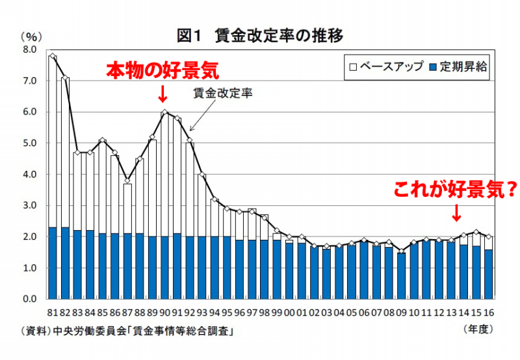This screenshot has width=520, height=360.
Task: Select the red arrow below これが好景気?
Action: [456, 212]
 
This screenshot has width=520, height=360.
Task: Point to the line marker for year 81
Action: [53, 57]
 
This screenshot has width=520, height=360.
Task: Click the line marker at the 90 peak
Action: [164, 112]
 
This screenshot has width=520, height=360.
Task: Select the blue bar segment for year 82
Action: [65, 263]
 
